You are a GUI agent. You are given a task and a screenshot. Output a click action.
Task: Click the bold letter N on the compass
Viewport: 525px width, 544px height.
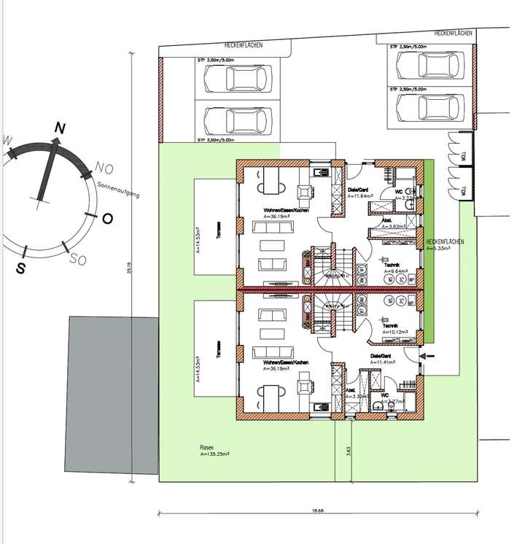coord(60,128)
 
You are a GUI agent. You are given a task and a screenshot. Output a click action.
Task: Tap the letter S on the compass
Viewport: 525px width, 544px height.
coord(21,268)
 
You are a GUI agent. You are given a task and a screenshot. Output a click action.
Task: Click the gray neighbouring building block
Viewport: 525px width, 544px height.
coord(114,397)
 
